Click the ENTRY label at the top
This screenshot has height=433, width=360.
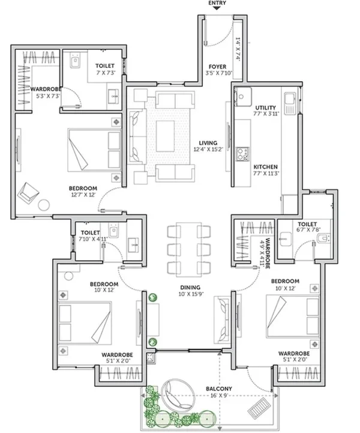pyautogui.click(x=217, y=3)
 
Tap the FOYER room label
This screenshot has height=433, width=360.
pyautogui.click(x=217, y=67)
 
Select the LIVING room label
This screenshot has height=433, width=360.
pyautogui.click(x=208, y=143)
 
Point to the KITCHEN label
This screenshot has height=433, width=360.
pyautogui.click(x=265, y=167)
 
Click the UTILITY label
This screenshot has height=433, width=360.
pyautogui.click(x=265, y=107)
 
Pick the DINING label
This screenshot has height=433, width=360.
pyautogui.click(x=190, y=288)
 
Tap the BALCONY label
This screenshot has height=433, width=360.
pyautogui.click(x=219, y=389)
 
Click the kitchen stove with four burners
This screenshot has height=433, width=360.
pyautogui.click(x=242, y=154)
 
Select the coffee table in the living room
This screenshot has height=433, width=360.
pyautogui.click(x=165, y=136)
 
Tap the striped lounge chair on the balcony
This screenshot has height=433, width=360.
pyautogui.click(x=259, y=408)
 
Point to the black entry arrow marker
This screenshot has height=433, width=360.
pyautogui.click(x=217, y=8)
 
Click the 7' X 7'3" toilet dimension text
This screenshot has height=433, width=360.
pyautogui.click(x=106, y=73)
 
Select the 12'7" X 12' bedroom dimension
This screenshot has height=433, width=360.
pyautogui.click(x=83, y=195)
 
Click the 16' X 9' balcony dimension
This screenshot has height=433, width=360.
pyautogui.click(x=219, y=395)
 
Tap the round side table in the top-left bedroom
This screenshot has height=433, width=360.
pyautogui.click(x=44, y=205)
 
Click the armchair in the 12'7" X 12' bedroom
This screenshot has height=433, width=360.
pyautogui.click(x=28, y=192)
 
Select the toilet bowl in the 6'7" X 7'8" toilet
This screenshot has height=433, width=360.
pyautogui.click(x=323, y=238)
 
